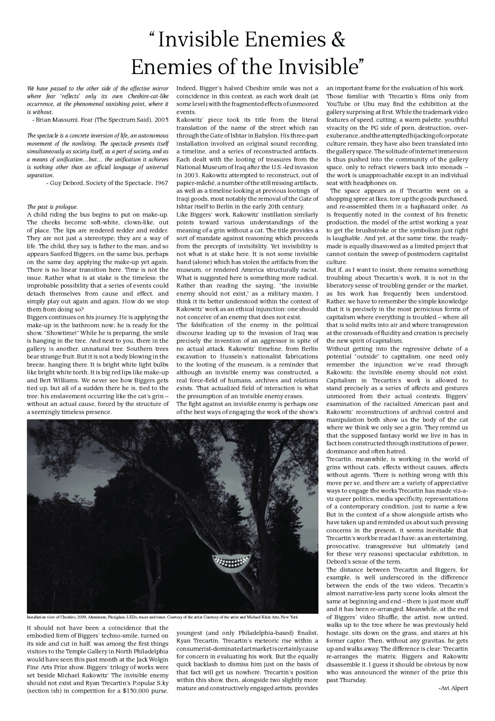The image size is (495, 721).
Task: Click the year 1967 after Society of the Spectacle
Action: click(161, 183)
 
